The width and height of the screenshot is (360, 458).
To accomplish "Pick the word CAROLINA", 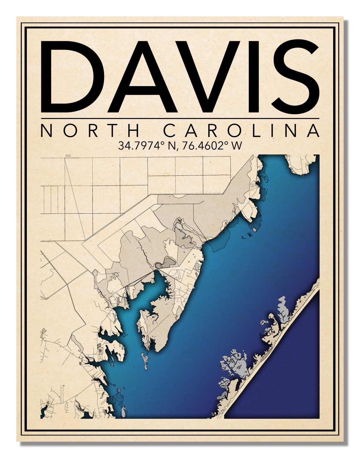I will [242, 130].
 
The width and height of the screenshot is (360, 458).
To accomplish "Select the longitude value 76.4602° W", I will [211, 146].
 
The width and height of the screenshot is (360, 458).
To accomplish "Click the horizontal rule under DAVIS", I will [180, 119].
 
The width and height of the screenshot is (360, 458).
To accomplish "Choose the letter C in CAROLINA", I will [171, 130].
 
